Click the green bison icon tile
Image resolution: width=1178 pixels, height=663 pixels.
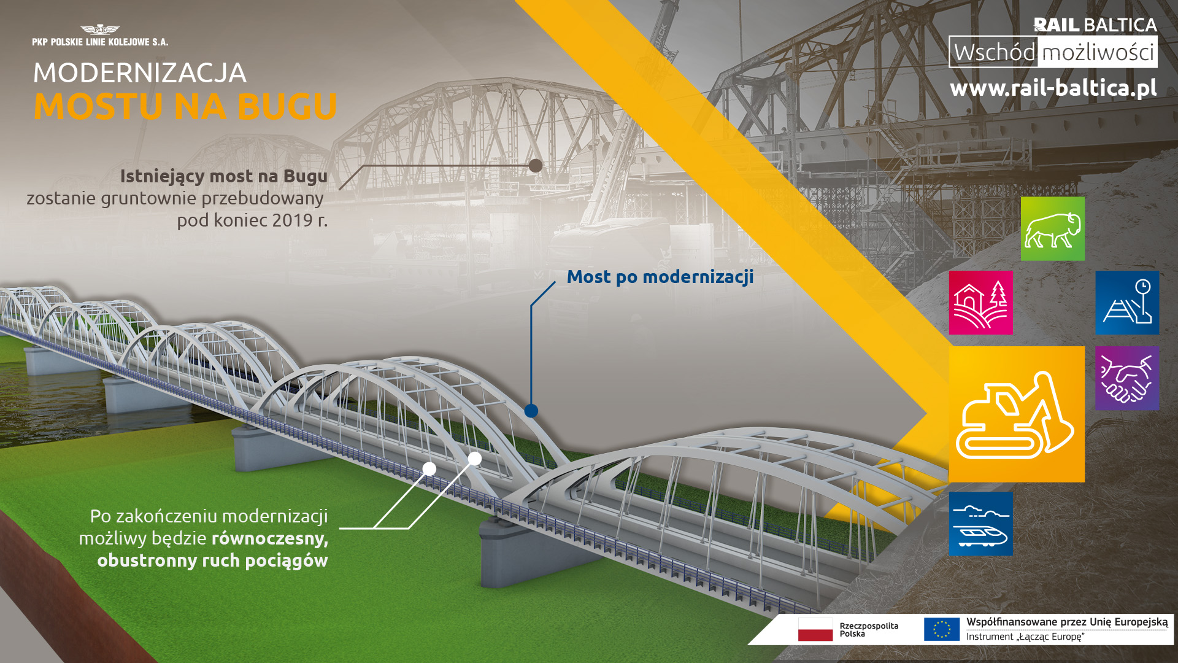tap(1052, 229)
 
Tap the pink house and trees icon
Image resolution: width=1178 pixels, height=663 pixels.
tap(980, 303)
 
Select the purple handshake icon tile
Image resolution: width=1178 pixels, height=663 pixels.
tap(1127, 378)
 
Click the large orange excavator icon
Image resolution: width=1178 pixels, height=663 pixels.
tap(1017, 414)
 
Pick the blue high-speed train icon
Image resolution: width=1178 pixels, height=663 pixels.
tap(980, 524)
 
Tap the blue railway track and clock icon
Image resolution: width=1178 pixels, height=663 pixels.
tap(1127, 303)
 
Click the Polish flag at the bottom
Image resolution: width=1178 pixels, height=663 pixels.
tap(815, 630)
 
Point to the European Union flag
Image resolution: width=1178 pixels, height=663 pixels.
tap(942, 630)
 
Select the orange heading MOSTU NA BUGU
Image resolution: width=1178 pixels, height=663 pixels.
tap(185, 106)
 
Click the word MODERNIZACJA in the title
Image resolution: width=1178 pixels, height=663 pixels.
tap(140, 73)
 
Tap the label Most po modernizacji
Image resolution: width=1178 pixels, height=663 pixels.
tap(660, 277)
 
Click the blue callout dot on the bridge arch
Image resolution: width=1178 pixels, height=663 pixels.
tap(531, 411)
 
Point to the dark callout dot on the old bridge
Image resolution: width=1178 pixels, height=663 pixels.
tap(536, 166)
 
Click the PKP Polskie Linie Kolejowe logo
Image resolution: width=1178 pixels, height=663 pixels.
tap(100, 36)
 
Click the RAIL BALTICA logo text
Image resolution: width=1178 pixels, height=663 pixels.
tap(1095, 25)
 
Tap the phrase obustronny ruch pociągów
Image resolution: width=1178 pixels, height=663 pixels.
tap(212, 560)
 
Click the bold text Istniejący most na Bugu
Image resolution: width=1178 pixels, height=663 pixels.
tap(224, 176)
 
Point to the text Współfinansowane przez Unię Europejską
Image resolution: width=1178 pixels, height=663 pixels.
tap(1068, 622)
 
